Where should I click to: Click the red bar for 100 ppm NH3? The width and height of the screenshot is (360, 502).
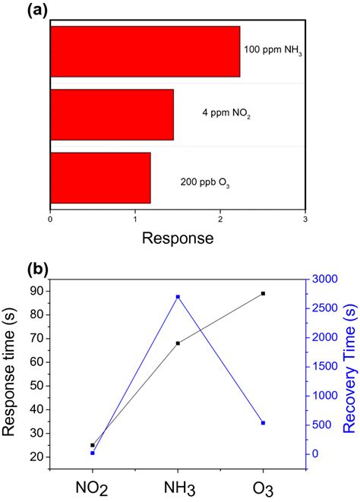[144, 52]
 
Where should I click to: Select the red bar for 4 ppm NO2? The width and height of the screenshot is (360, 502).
[112, 115]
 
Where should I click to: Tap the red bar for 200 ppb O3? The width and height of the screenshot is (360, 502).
[100, 178]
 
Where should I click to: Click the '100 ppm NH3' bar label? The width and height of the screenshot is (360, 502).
[270, 51]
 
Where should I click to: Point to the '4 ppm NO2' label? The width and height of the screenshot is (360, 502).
[226, 115]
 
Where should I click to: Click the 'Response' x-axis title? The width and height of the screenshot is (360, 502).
[176, 238]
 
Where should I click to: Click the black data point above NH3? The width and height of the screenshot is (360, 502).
[178, 343]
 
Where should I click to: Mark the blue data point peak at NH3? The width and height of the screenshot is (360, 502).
[178, 297]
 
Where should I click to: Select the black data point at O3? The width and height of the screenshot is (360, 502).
[263, 293]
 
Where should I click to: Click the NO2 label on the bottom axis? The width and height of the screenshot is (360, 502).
[93, 485]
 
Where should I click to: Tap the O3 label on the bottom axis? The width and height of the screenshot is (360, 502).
[264, 485]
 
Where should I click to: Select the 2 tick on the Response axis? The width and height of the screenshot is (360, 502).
[220, 219]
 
